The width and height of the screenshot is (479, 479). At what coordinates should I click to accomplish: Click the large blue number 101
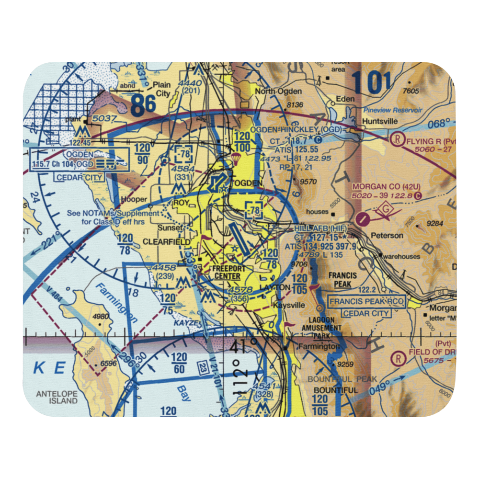(x=371, y=82)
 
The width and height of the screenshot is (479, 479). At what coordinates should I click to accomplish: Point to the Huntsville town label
(x=380, y=121)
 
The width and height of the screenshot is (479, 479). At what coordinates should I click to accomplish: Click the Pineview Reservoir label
(x=393, y=110)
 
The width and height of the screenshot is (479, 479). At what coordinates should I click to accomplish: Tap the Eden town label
(x=345, y=99)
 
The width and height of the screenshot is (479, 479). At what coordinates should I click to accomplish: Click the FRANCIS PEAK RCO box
(x=367, y=302)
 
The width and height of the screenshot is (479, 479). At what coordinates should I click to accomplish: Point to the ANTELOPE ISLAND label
(x=57, y=397)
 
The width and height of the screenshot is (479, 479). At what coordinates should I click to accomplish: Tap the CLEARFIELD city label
(x=163, y=242)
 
